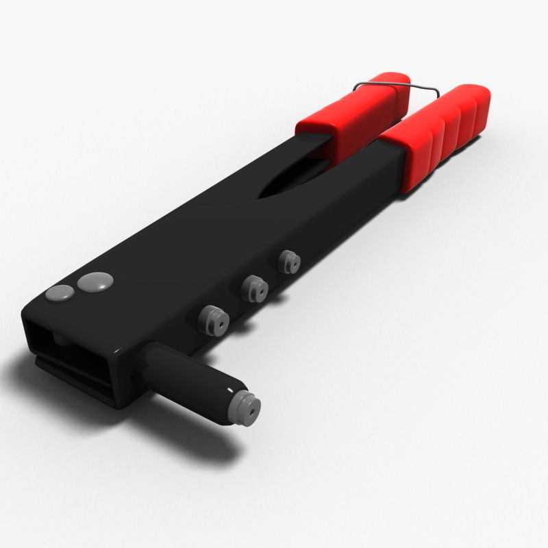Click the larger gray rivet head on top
pyautogui.click(x=95, y=281)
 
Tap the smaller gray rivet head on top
pyautogui.click(x=60, y=293)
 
